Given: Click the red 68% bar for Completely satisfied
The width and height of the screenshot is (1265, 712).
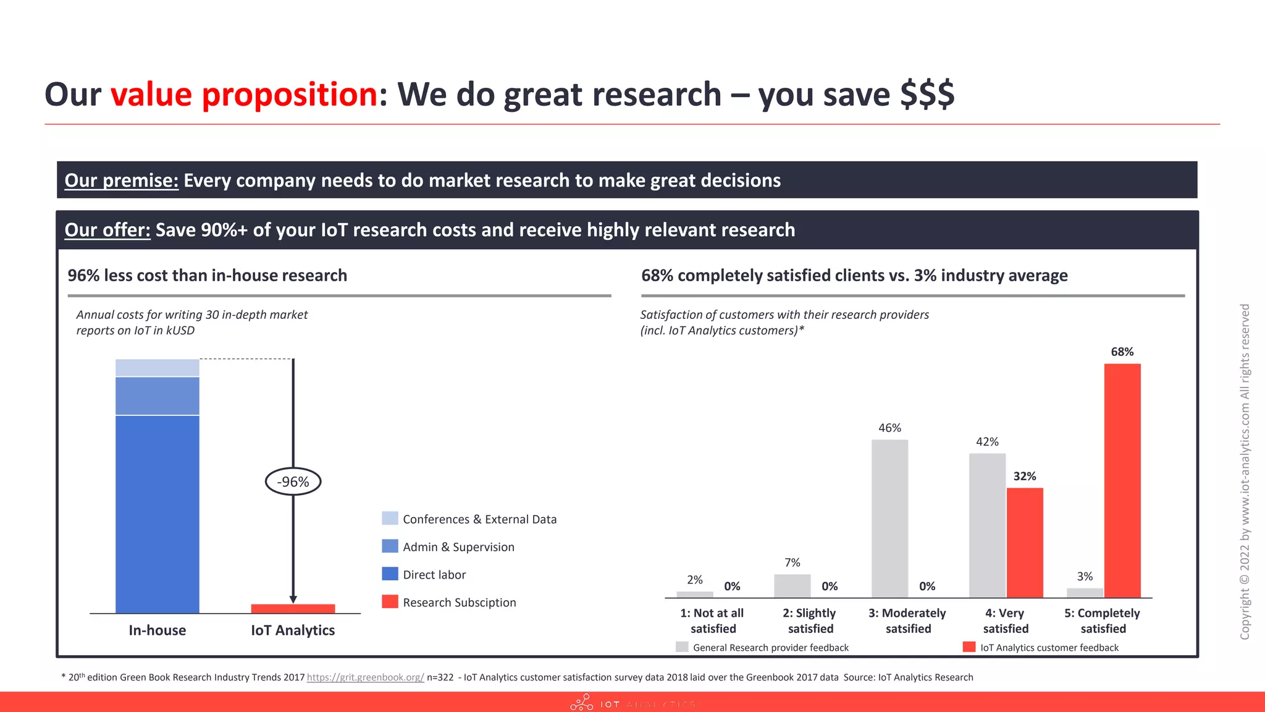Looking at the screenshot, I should click(1122, 481).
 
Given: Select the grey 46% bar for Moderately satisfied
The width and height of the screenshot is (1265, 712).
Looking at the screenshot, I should click(889, 519).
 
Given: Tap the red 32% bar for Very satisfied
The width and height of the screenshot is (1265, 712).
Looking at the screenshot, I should click(1025, 543).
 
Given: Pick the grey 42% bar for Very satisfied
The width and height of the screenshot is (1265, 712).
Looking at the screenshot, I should click(987, 525).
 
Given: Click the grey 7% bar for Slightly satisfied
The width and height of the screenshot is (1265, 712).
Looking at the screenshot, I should click(792, 586).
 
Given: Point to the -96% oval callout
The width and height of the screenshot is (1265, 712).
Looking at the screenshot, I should click(293, 481).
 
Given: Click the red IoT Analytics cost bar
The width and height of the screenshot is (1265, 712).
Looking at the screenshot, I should click(293, 609).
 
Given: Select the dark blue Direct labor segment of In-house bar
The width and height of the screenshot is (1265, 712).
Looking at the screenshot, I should click(158, 514).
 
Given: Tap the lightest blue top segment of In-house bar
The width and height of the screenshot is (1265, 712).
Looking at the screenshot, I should click(158, 368).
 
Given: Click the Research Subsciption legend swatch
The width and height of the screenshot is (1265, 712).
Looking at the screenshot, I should click(390, 602).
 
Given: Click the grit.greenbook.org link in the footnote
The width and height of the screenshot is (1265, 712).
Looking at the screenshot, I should click(365, 677).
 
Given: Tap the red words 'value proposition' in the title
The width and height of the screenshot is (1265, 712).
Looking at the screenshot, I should click(244, 95).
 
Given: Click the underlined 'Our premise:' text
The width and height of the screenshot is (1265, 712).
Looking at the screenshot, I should click(122, 180).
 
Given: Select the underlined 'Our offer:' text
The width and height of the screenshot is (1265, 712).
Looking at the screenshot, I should click(107, 230).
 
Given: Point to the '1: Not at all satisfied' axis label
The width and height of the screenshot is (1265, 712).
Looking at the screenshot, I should click(713, 621).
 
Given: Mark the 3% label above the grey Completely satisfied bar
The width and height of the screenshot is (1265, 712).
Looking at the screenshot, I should click(1085, 577).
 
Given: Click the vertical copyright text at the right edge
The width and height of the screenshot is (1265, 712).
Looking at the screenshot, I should click(1245, 471).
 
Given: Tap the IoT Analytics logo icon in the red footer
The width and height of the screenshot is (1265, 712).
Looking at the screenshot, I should click(581, 703).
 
